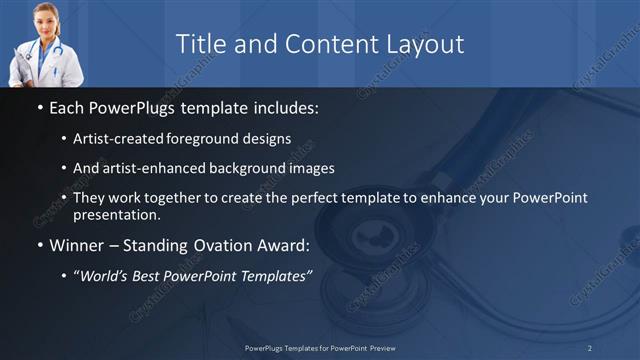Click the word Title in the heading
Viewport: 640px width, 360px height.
pyautogui.click(x=198, y=44)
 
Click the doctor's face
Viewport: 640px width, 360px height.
pyautogui.click(x=35, y=18)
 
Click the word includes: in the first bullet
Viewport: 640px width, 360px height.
pyautogui.click(x=283, y=105)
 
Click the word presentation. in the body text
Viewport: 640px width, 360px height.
pyautogui.click(x=116, y=214)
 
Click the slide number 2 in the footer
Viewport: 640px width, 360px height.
pyautogui.click(x=589, y=347)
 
